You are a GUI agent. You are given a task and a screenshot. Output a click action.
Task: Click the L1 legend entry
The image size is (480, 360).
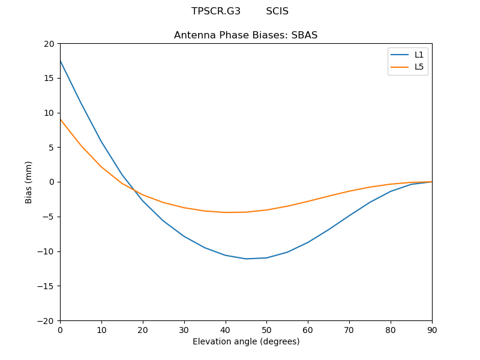[x=419, y=55]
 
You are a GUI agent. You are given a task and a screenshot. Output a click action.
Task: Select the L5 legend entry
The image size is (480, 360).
[x=419, y=67]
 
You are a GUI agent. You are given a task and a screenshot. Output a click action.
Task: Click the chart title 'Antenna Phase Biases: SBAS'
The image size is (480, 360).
[x=245, y=35]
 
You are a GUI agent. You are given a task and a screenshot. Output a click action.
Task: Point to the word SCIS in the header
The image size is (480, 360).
[x=277, y=11]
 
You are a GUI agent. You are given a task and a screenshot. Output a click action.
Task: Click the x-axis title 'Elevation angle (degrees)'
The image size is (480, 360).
[x=246, y=342]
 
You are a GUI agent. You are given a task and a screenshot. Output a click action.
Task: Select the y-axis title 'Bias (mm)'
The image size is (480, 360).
[x=29, y=182]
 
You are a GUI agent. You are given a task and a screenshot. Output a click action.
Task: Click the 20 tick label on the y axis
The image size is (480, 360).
[x=49, y=44]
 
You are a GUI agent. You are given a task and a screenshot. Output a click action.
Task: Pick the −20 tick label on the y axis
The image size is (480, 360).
[x=46, y=321]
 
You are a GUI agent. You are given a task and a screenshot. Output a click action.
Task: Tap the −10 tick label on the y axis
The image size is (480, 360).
[x=46, y=251]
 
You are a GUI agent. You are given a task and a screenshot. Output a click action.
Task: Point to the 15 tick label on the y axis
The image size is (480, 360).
[x=49, y=78]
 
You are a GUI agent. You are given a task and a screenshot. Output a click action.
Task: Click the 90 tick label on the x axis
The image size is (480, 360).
[x=432, y=330]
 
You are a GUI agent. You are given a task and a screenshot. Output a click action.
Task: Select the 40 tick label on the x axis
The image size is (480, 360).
[x=226, y=330]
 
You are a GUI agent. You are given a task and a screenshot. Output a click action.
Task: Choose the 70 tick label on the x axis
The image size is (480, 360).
[x=349, y=330]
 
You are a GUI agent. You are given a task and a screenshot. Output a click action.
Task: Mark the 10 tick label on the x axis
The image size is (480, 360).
[x=101, y=330]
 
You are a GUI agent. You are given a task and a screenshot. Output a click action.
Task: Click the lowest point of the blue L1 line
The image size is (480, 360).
[x=246, y=259]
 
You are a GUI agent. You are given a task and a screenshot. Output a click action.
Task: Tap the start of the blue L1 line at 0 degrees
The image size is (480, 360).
[x=61, y=61]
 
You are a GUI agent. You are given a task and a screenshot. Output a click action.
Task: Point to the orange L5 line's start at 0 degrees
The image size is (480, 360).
[x=61, y=119]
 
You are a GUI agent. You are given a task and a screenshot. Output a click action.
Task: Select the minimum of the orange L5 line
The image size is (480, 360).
[x=226, y=212]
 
